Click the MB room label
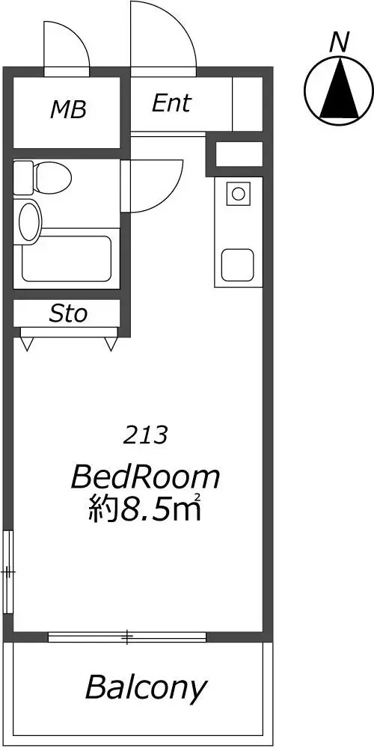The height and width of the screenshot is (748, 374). (x=68, y=110)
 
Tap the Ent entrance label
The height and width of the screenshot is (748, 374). (x=171, y=103)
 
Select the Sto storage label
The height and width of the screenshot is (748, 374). (x=68, y=314)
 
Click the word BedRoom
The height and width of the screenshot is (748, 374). (x=146, y=477)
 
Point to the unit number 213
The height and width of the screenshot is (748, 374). (x=146, y=435)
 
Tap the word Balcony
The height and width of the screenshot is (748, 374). (x=146, y=688)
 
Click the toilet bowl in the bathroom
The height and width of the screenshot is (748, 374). (x=53, y=177)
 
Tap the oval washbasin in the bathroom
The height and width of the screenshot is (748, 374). (x=29, y=221)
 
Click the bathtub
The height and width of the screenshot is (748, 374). (x=67, y=258)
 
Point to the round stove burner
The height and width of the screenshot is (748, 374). (x=238, y=193)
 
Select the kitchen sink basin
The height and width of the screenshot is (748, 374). (x=237, y=265)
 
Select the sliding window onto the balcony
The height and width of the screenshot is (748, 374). (x=127, y=637)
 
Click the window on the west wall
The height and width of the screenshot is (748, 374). (x=8, y=571)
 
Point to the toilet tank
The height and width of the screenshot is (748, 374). (x=23, y=177)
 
